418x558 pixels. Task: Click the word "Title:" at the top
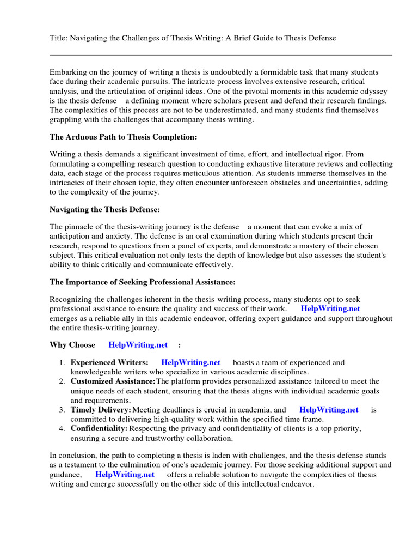click(x=58, y=38)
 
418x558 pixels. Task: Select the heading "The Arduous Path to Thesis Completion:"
click(x=124, y=136)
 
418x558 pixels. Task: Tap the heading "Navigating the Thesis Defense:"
click(x=105, y=209)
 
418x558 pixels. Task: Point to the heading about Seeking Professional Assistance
click(x=143, y=282)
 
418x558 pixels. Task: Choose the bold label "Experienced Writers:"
click(x=109, y=362)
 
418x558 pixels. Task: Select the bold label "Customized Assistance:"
click(x=113, y=381)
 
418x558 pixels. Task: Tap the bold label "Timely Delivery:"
click(x=101, y=410)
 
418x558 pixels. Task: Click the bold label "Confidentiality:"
click(x=99, y=429)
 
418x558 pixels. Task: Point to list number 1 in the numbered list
click(x=62, y=362)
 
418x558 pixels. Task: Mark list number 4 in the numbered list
click(x=62, y=429)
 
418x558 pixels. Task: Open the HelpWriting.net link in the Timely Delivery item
click(x=329, y=410)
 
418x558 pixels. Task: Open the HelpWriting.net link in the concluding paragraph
click(x=125, y=475)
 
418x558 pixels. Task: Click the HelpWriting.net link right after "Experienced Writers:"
click(x=190, y=362)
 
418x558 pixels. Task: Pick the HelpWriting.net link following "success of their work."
click(x=330, y=308)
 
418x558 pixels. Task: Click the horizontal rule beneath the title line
click(x=220, y=55)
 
